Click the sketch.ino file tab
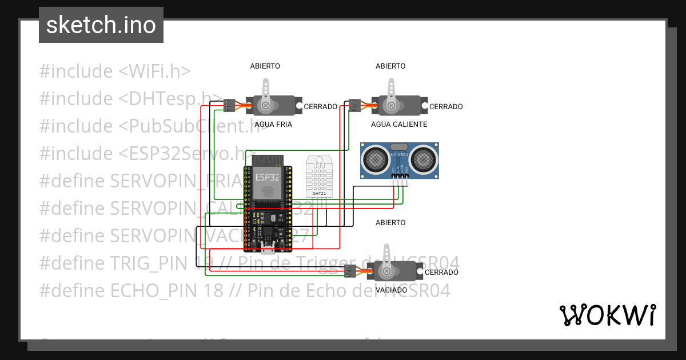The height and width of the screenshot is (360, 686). click(101, 25)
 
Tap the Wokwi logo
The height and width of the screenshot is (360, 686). click(607, 315)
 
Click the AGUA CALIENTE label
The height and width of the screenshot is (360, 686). click(398, 124)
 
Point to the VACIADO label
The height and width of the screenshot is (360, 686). click(391, 290)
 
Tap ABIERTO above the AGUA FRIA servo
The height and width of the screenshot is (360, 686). click(265, 66)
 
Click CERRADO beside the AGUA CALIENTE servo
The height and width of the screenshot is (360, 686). click(446, 107)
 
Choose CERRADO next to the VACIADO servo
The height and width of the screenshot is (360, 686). click(441, 273)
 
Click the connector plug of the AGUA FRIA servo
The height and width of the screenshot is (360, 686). click(229, 105)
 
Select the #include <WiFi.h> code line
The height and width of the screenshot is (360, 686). click(114, 71)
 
